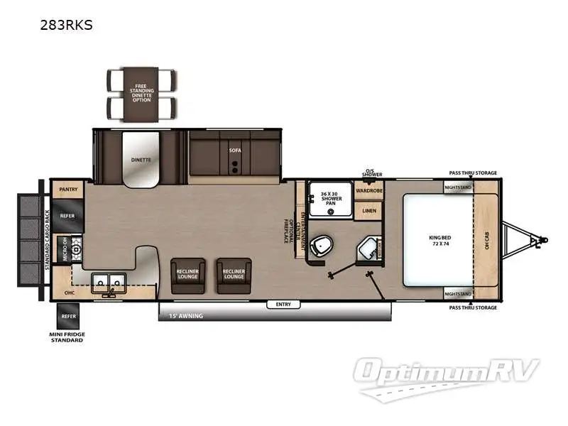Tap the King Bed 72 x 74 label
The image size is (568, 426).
pos(437,241)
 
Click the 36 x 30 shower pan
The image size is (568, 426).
pos(331,199)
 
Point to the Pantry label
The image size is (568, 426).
pos(68,190)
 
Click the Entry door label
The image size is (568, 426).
pos(283,305)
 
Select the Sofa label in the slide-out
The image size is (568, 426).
pos(234,151)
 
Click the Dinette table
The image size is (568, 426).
pos(141,160)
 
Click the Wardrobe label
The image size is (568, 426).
pos(368,190)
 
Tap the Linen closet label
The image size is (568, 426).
pos(368,211)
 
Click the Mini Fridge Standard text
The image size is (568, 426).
pos(69,336)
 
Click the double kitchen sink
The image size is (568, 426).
pos(109,282)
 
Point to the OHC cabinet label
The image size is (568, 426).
pos(69,292)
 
